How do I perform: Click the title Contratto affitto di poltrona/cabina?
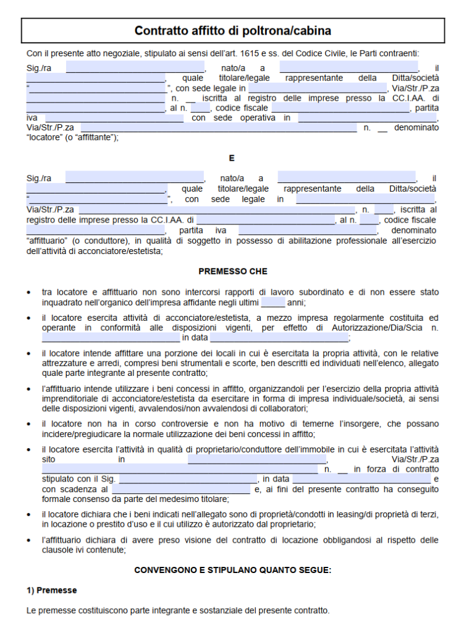point(232,31)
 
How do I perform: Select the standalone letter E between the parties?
point(232,158)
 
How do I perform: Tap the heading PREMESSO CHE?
point(232,271)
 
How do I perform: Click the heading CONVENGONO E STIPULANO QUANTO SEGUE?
point(232,570)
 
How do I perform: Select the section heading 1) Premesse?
point(51,590)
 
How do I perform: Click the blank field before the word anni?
point(273,303)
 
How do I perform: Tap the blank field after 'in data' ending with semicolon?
point(280,338)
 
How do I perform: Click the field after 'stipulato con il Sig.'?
point(188,479)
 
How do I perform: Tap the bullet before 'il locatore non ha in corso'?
point(30,424)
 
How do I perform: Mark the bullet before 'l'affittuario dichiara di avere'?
point(30,540)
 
